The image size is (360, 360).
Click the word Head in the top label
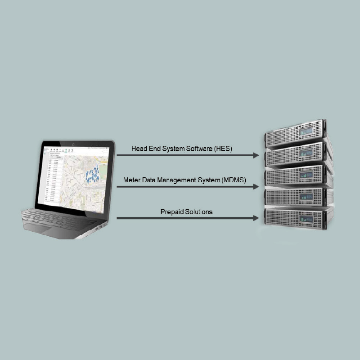[x=139, y=148]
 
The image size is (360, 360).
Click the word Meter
[x=131, y=180]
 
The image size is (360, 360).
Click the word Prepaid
[x=171, y=211]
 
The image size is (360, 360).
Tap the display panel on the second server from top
[x=307, y=153]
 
